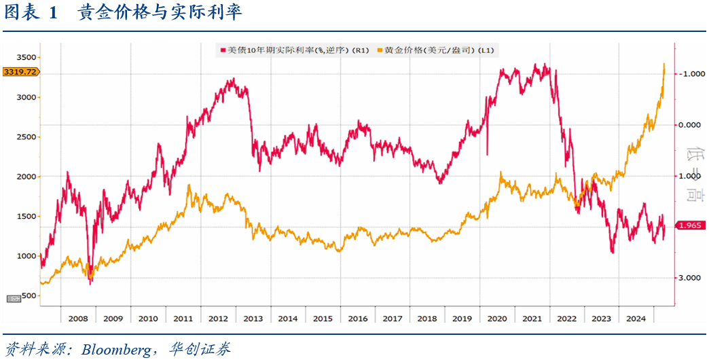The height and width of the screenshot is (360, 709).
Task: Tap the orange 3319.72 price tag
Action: [20, 71]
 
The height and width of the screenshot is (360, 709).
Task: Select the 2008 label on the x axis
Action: [78, 318]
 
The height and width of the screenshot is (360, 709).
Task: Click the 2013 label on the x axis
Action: [253, 318]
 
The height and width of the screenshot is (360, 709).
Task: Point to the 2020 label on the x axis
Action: [497, 318]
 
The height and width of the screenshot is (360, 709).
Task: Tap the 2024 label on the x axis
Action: [636, 318]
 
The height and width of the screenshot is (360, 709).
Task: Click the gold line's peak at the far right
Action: [663, 64]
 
